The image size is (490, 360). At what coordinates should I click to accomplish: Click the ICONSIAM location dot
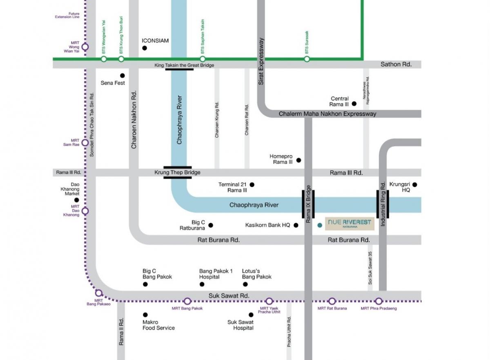145,48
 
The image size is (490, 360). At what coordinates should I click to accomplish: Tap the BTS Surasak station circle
307,59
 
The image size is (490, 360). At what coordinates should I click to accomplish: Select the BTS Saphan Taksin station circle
203,59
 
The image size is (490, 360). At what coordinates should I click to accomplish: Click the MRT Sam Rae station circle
85,143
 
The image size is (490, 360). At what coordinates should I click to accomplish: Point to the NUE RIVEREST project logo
350,224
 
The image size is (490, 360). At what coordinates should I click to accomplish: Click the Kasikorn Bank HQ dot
296,225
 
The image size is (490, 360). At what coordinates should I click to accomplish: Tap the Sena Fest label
113,83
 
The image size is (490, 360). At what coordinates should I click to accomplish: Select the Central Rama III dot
354,104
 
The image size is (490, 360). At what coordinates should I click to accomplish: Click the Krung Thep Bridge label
177,172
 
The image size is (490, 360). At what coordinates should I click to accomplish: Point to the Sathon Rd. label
396,64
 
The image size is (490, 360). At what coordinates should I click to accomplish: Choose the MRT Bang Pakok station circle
187,301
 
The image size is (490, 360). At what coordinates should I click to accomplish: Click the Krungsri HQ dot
415,184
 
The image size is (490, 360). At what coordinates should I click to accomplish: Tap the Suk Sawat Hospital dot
251,315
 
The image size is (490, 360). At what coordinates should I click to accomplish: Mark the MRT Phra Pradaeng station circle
379,301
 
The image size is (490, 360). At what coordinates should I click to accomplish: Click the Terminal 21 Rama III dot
252,184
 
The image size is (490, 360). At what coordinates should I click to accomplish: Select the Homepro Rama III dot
298,160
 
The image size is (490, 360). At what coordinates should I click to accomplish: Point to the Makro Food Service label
158,325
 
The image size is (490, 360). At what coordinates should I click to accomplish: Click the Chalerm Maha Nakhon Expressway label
327,114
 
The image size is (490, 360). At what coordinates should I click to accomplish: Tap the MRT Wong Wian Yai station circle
85,47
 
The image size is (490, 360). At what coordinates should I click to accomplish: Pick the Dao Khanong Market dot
77,200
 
